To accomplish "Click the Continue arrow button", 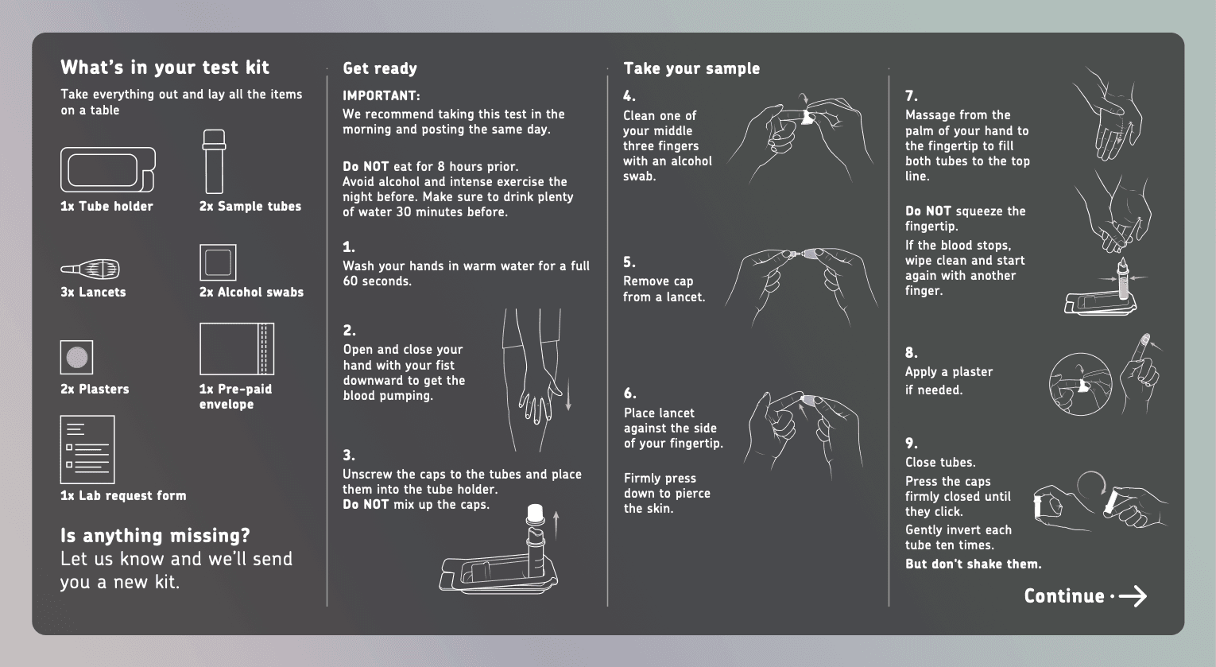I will tap(1085, 596).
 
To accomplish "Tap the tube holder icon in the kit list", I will tap(107, 169).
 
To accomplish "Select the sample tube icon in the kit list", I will tap(214, 161).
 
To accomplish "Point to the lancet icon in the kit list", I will tap(91, 270).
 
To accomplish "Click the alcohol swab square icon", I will tap(218, 262).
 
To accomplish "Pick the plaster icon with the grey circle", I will tap(77, 358).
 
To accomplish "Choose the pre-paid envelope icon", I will tap(237, 349).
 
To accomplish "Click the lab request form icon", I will tap(87, 449).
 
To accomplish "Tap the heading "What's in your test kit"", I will tap(165, 68).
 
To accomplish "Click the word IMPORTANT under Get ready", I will tap(381, 96).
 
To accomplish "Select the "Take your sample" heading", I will tap(691, 69).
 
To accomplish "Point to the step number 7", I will tap(911, 96).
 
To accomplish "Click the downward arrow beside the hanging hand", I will tap(568, 394).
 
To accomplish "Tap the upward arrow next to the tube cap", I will tap(556, 524).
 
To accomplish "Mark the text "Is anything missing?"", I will tap(156, 535).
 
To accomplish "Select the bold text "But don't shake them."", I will tap(973, 564).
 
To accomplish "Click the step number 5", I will tap(629, 262).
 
